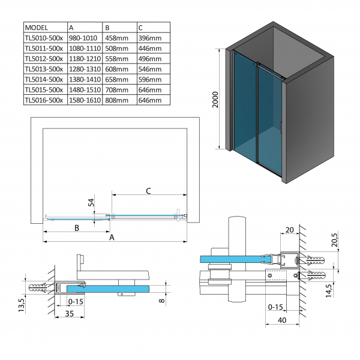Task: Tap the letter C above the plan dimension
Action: tap(148, 191)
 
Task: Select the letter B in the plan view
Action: tap(77, 227)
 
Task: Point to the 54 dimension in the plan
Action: tap(91, 204)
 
